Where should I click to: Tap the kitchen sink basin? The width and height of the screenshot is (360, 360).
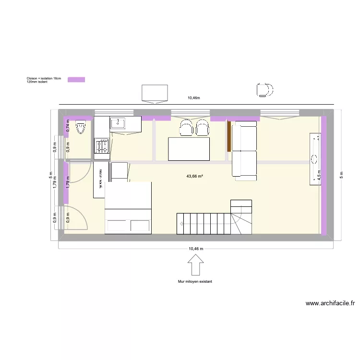(x=118, y=124)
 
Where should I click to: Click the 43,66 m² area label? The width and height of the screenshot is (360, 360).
(x=194, y=176)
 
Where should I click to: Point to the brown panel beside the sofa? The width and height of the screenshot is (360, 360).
(x=229, y=136)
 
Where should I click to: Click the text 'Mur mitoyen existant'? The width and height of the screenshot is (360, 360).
(x=195, y=282)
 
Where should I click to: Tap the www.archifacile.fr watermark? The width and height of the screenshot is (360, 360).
(x=330, y=303)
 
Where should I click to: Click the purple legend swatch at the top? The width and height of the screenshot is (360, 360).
(x=76, y=79)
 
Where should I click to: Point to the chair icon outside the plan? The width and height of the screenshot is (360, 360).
(x=264, y=90)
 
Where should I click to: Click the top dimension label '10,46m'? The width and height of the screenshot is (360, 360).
(x=193, y=98)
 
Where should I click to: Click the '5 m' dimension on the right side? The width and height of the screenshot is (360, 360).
(x=342, y=174)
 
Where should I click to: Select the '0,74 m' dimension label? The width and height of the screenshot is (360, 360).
(x=68, y=126)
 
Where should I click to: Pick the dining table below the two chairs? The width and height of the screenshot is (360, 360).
(x=189, y=149)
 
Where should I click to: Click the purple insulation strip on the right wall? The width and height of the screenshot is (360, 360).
(x=324, y=175)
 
